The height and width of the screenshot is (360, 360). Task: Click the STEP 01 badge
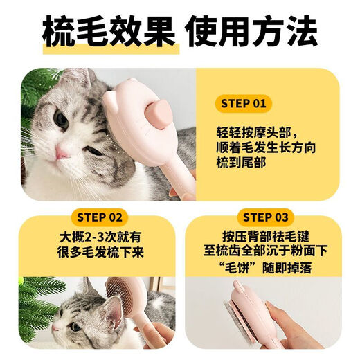coord(243,105)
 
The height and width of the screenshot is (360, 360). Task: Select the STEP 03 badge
coord(265,215)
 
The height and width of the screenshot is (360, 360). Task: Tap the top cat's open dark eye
coord(62,120)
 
